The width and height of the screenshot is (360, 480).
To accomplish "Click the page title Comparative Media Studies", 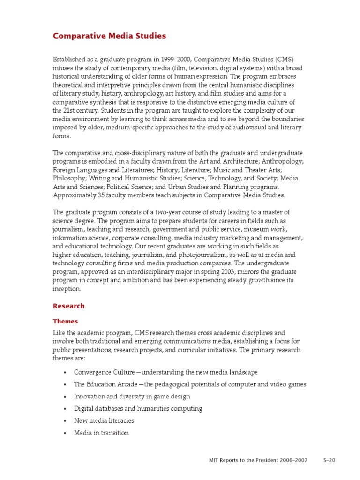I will coord(109,36).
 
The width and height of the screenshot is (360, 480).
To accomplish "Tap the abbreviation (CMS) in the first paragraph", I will coord(285,59).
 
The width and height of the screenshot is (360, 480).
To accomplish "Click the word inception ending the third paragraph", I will coord(67,288).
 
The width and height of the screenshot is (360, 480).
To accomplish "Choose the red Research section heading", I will coord(69,306).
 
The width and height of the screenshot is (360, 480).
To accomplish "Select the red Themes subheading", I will coord(65,321).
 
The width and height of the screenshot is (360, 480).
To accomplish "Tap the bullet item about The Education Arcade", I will coord(190,384).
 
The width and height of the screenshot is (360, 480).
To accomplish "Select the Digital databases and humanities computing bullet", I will coord(138,408).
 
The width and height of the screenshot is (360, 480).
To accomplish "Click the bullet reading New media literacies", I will coord(104,420).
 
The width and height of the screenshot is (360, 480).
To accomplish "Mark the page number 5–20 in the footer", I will coord(329,460).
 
